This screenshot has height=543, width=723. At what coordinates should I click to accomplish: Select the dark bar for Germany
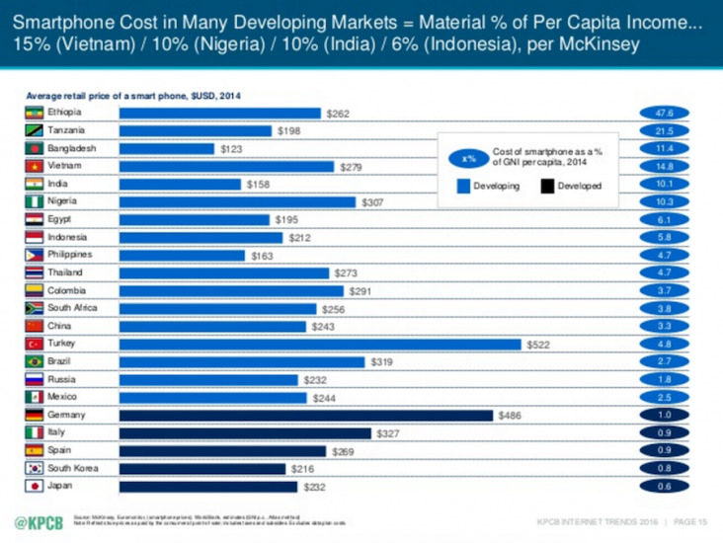point(305,416)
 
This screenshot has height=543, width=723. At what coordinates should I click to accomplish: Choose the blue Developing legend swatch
point(462,186)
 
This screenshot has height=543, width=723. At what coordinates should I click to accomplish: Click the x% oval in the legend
point(469,158)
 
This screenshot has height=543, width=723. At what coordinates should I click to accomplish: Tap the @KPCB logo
point(40,520)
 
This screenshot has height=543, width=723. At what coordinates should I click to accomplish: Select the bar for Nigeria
point(237,202)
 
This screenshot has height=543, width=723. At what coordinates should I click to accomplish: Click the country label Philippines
point(71,256)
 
